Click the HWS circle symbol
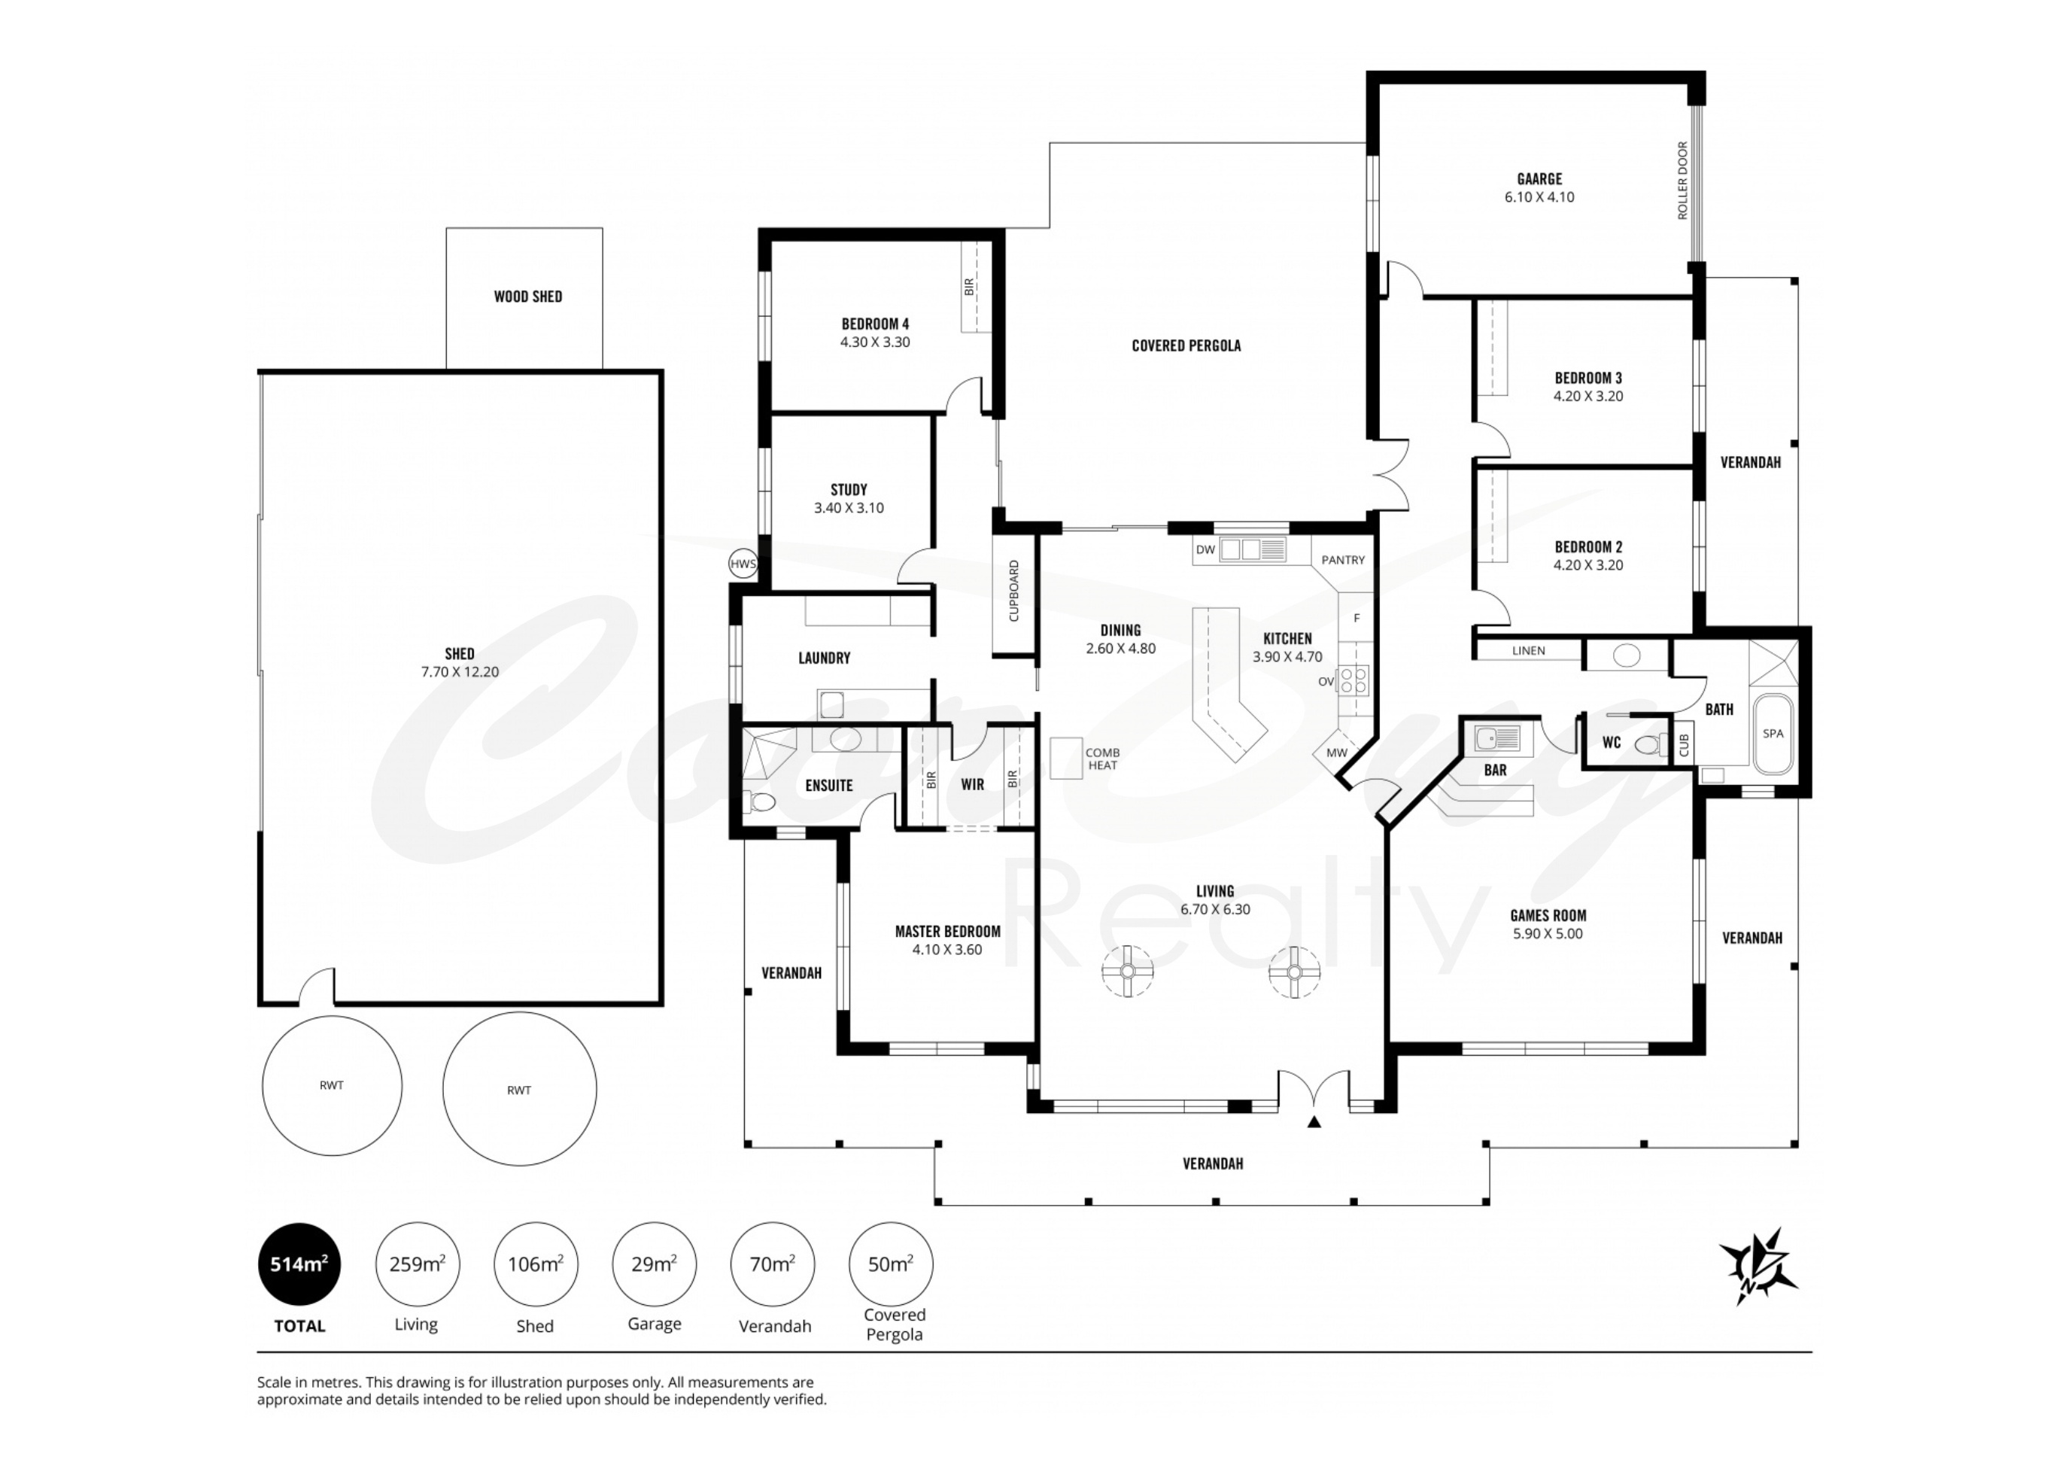(743, 564)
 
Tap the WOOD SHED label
(528, 297)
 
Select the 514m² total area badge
(299, 1264)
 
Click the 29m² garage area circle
(655, 1264)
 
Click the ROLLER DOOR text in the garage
(1682, 181)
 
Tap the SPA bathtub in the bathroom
(1773, 733)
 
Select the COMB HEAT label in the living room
(1102, 759)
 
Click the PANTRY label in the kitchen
(1343, 560)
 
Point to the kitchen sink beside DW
(1253, 550)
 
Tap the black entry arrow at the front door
(1314, 1122)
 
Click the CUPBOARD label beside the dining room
(1013, 591)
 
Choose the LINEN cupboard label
(1528, 651)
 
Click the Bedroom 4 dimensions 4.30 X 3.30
(875, 342)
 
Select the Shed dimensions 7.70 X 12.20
(460, 671)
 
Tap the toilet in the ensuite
(761, 801)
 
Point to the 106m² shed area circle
(535, 1264)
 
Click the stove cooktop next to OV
(1354, 680)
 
